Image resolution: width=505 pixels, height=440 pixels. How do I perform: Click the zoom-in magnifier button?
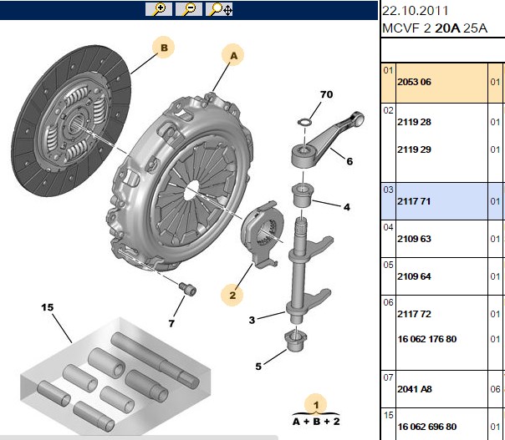tap(159, 9)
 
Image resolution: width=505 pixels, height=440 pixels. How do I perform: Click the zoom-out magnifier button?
tap(189, 9)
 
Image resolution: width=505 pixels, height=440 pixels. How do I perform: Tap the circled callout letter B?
tap(164, 48)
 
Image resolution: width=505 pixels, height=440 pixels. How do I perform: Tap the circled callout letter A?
tap(233, 56)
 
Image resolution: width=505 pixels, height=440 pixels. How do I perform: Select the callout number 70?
tap(326, 94)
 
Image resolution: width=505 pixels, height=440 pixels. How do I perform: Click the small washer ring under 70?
tap(304, 122)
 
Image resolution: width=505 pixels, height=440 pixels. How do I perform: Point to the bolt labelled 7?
tap(188, 289)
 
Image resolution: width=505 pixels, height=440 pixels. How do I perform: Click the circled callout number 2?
tap(232, 295)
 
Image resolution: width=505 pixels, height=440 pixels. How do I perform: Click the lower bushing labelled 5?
tap(296, 341)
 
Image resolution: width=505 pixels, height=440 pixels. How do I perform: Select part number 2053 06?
tap(414, 82)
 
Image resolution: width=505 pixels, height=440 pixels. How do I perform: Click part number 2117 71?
tap(414, 201)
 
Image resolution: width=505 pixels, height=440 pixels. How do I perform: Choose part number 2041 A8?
tap(414, 389)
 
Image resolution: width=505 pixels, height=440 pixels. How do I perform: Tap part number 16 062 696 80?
tap(427, 427)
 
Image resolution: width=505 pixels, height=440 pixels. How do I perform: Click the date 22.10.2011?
tap(416, 11)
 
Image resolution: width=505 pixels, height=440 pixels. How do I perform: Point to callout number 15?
tap(47, 307)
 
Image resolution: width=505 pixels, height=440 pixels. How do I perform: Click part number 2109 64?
tap(414, 276)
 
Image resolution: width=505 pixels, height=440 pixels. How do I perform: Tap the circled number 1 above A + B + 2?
tap(316, 404)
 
